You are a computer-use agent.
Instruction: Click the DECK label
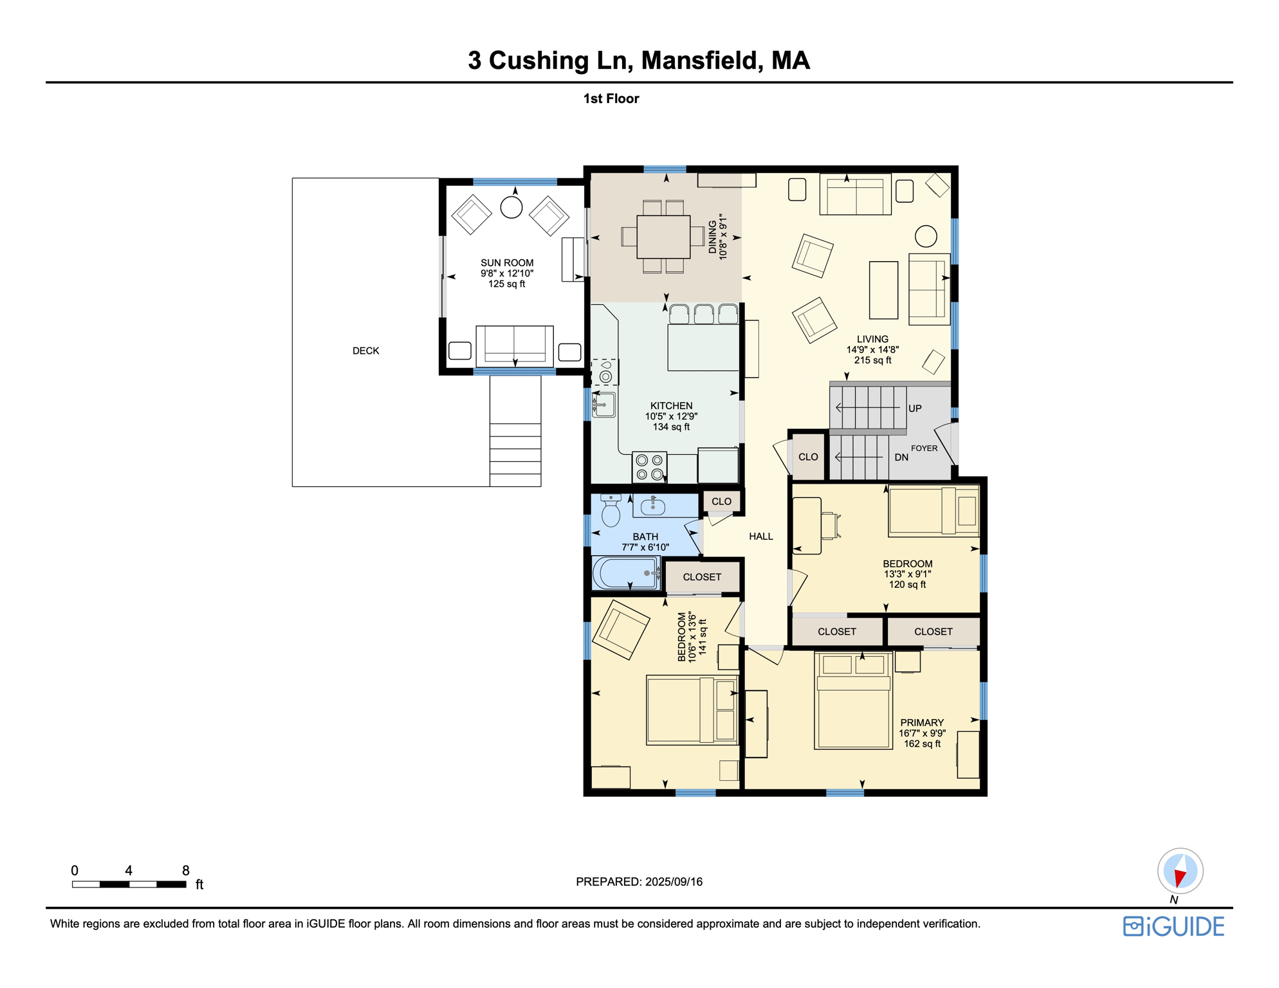click(365, 351)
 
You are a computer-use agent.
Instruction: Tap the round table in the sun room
click(511, 207)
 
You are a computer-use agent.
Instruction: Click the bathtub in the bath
click(625, 572)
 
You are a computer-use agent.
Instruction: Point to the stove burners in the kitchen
click(649, 467)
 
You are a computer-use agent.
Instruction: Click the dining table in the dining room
click(663, 237)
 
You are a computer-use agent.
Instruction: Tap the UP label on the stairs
click(915, 408)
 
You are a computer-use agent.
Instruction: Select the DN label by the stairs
click(901, 457)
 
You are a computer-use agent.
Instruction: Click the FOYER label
click(924, 448)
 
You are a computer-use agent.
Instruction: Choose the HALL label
click(760, 536)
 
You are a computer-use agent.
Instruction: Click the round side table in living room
click(926, 236)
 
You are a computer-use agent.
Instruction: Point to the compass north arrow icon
click(1180, 872)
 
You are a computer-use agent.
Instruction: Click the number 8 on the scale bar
click(185, 870)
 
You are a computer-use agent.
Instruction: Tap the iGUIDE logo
click(1173, 926)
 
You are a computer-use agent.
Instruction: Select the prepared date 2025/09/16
click(674, 882)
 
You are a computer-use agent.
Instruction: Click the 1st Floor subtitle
click(611, 98)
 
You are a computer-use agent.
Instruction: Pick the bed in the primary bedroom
click(853, 701)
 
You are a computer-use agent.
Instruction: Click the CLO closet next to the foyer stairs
click(808, 457)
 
